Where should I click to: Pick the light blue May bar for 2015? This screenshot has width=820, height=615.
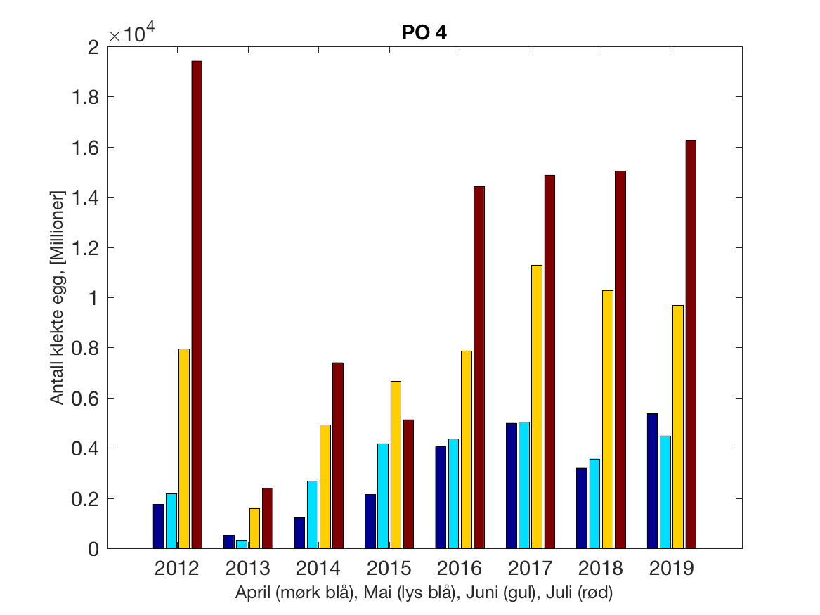click(383, 496)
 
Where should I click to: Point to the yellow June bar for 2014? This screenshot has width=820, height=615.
click(325, 486)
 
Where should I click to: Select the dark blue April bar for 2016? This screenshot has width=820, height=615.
click(441, 497)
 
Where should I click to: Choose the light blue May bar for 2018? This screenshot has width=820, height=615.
click(594, 503)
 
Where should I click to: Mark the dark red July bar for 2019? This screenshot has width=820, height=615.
click(691, 344)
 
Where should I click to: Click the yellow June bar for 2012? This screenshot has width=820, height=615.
click(184, 448)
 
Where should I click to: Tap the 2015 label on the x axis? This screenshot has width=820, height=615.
click(389, 568)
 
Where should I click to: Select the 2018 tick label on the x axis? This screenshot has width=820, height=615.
click(600, 568)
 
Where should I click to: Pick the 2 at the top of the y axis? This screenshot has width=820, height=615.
click(93, 47)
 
